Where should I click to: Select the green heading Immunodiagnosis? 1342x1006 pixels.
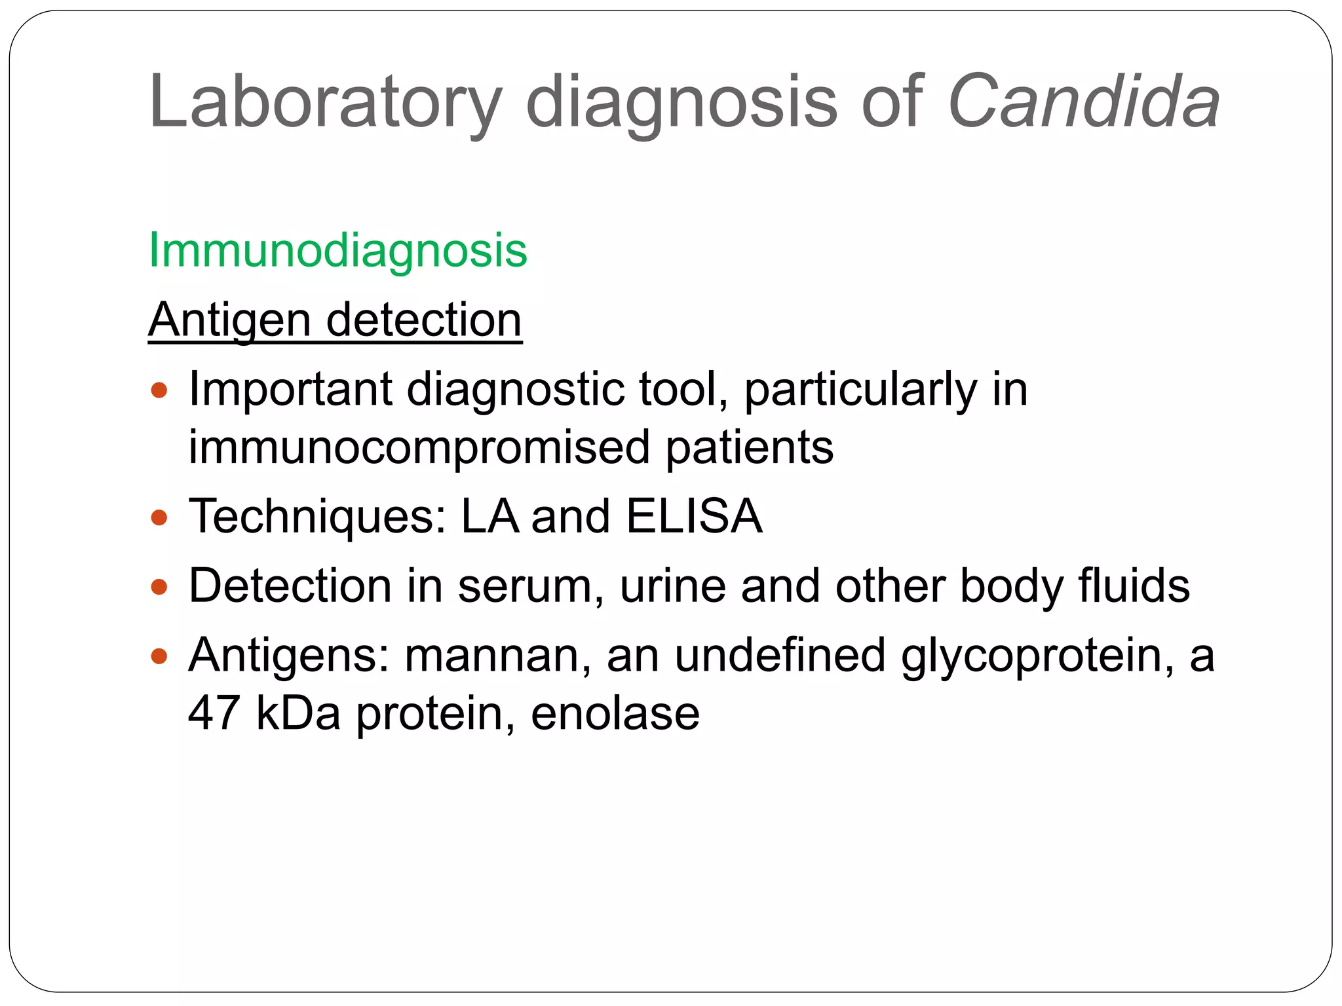(x=337, y=250)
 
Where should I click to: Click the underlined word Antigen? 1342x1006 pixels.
(x=229, y=321)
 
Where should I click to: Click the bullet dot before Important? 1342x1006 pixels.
(x=159, y=391)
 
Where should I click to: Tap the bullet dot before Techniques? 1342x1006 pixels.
(x=159, y=518)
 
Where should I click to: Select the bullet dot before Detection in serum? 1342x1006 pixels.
(x=159, y=587)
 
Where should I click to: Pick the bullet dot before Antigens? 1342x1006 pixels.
(x=159, y=656)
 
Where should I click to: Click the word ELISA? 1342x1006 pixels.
(x=694, y=517)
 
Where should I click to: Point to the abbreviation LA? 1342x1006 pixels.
(x=489, y=517)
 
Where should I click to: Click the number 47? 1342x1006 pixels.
(x=214, y=713)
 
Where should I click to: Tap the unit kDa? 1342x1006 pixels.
(x=298, y=713)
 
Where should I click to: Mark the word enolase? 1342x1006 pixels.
(x=615, y=713)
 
